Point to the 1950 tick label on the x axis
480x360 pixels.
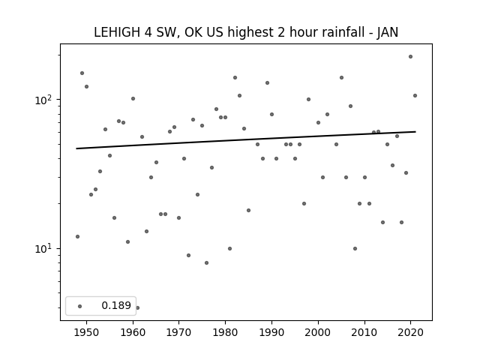click(87, 332)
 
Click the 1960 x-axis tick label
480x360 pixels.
click(133, 332)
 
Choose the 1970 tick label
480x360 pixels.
click(179, 332)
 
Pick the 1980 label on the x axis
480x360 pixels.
click(225, 332)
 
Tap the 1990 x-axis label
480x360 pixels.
click(271, 332)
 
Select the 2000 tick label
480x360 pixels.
click(318, 332)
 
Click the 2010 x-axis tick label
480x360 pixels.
click(364, 332)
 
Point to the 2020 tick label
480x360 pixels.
click(410, 332)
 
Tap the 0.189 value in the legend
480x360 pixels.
click(116, 305)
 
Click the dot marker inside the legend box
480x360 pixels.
click(80, 306)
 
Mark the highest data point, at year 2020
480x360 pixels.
click(410, 57)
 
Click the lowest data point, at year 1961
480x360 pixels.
click(137, 307)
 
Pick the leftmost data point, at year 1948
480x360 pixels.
click(77, 236)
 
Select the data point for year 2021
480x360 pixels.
click(415, 95)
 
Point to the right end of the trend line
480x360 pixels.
click(415, 132)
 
